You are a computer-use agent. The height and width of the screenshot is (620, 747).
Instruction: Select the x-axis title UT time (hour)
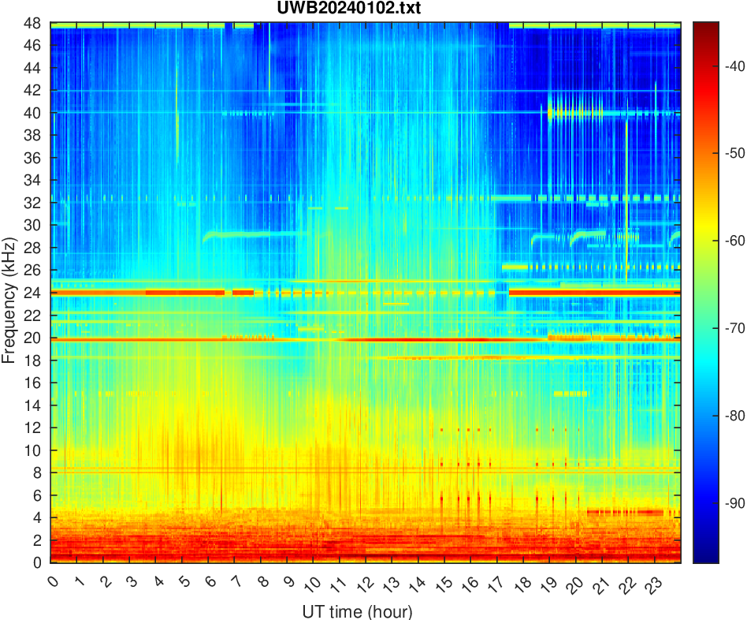pos(357,611)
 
